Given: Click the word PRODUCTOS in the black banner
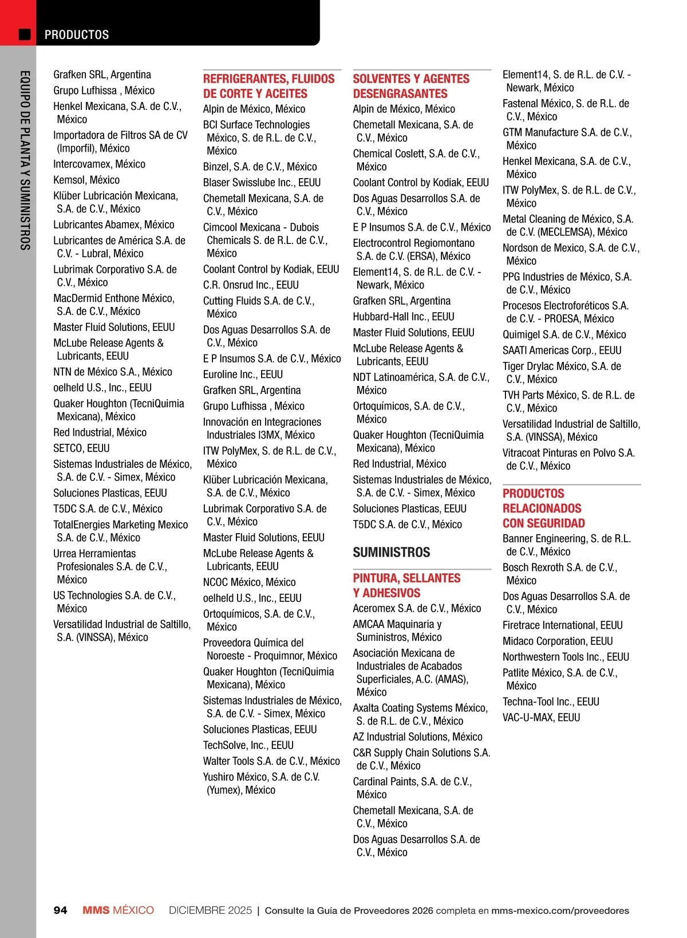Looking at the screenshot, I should (x=77, y=35).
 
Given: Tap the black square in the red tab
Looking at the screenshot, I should (x=25, y=34).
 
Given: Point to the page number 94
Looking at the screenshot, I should (x=60, y=911).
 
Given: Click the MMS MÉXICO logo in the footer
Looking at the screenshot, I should (x=118, y=911).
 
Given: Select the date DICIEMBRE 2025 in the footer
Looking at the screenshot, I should (x=210, y=911).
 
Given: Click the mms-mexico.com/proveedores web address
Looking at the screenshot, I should (x=560, y=911).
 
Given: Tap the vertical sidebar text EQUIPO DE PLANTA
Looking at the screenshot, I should (x=25, y=160).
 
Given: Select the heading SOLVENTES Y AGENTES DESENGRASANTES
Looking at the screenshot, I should (x=411, y=86).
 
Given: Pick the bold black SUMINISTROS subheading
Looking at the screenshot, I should (x=392, y=553).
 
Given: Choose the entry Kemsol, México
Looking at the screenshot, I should (x=86, y=180).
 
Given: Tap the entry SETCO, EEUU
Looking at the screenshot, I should (x=81, y=448).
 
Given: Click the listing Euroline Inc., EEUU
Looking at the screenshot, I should (x=243, y=375).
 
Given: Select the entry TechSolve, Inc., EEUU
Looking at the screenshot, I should (x=248, y=746).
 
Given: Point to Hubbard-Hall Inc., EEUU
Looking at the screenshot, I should (x=403, y=317).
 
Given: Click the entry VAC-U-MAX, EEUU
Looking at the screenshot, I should (x=541, y=718).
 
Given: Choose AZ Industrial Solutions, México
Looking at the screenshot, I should (x=417, y=737).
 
